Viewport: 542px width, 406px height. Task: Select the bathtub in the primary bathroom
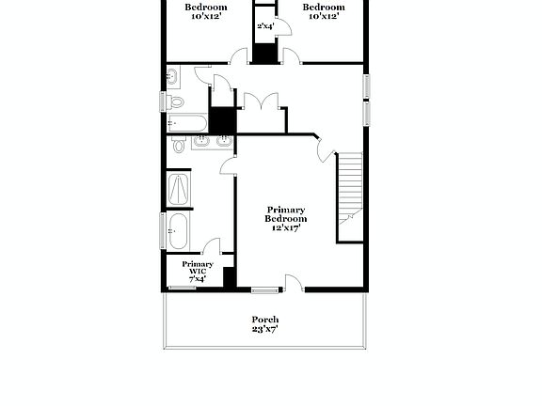(x=178, y=231)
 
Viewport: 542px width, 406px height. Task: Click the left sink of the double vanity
(x=200, y=143)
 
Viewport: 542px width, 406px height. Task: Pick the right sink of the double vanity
(x=223, y=143)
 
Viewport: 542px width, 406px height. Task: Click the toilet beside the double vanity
(x=179, y=146)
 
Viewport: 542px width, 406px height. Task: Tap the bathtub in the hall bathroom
(x=186, y=123)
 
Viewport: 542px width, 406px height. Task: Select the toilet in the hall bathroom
(x=175, y=101)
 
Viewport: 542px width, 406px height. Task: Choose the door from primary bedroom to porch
(x=294, y=282)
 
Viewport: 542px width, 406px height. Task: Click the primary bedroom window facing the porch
(x=265, y=289)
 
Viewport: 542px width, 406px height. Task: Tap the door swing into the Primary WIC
(x=213, y=247)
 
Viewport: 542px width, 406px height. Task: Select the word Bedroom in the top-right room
(x=321, y=7)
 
